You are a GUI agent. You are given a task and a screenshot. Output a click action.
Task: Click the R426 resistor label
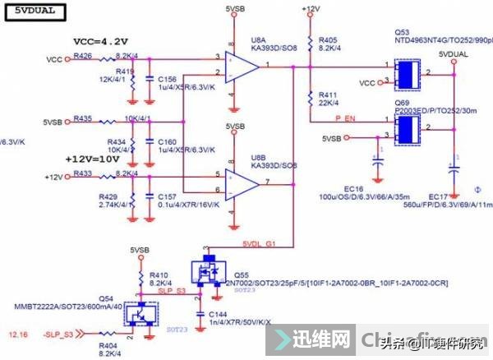83,56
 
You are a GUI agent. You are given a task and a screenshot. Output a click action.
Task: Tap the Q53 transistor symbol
406,75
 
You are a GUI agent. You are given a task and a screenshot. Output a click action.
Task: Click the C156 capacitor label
168,79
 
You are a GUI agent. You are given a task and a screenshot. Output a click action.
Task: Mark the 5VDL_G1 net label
260,243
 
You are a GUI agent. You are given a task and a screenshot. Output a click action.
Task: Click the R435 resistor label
83,118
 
